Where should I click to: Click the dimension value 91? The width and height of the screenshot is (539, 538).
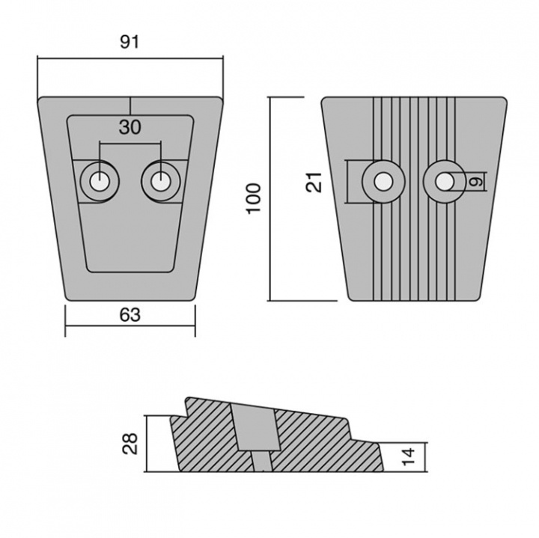pos(130,43)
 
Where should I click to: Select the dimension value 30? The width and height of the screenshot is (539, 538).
pos(130,127)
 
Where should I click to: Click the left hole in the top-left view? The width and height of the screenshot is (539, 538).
pos(98,180)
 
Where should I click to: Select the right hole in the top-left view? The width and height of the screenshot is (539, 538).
pos(160,180)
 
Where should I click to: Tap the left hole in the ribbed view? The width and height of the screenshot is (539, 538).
pos(382,180)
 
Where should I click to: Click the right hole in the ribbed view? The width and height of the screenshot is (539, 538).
pos(443,180)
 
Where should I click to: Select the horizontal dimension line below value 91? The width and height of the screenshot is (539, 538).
pos(130,57)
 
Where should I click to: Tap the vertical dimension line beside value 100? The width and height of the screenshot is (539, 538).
pos(269,198)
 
